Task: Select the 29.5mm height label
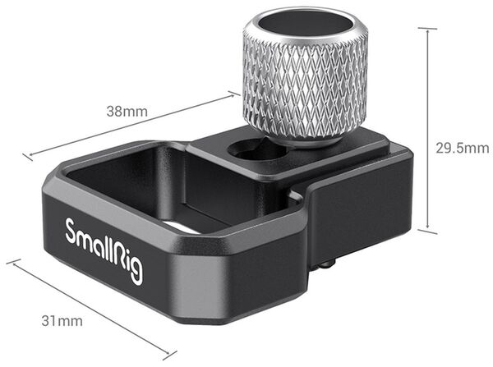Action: [x=461, y=148]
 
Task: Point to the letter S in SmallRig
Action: [x=71, y=230]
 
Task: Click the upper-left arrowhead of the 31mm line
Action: [x=12, y=264]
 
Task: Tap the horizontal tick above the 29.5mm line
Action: [x=427, y=27]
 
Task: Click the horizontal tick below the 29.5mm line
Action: [x=427, y=232]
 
